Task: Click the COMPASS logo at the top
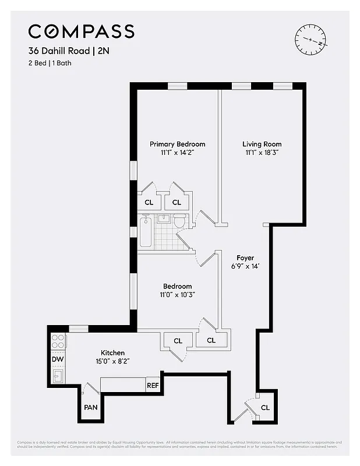[82, 31]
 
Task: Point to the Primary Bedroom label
[177, 144]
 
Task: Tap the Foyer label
[245, 257]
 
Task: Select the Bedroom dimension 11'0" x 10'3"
[177, 295]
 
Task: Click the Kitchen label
[112, 352]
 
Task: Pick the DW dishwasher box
[58, 359]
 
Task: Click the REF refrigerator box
[153, 385]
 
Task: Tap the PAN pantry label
[90, 407]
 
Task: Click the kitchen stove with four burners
[58, 341]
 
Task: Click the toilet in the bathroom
[180, 221]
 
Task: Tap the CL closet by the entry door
[265, 407]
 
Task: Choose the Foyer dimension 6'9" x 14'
[245, 266]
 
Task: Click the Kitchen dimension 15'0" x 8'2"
[112, 361]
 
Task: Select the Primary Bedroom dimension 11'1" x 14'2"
[177, 153]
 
